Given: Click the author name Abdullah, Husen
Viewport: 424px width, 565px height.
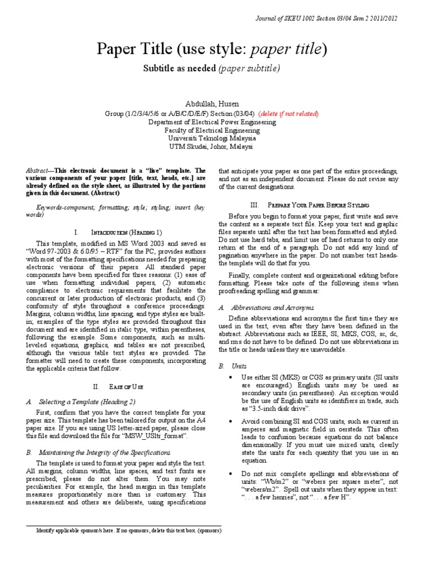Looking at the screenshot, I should (x=211, y=103).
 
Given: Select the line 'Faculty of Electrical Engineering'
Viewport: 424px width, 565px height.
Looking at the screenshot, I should (x=211, y=131).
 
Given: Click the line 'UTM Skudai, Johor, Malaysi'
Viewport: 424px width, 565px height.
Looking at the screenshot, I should (x=211, y=147).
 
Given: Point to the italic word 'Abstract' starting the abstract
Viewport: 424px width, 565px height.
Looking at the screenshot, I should (x=38, y=171).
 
